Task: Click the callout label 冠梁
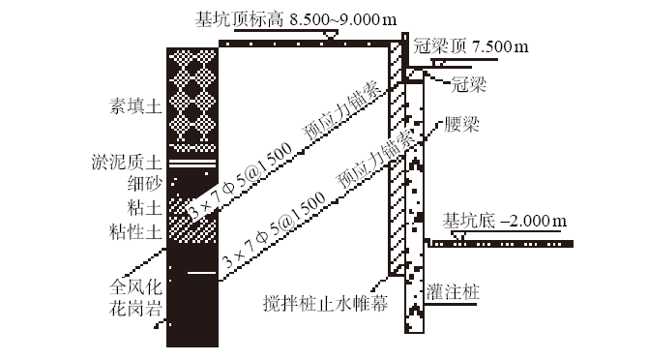pos(468,86)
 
